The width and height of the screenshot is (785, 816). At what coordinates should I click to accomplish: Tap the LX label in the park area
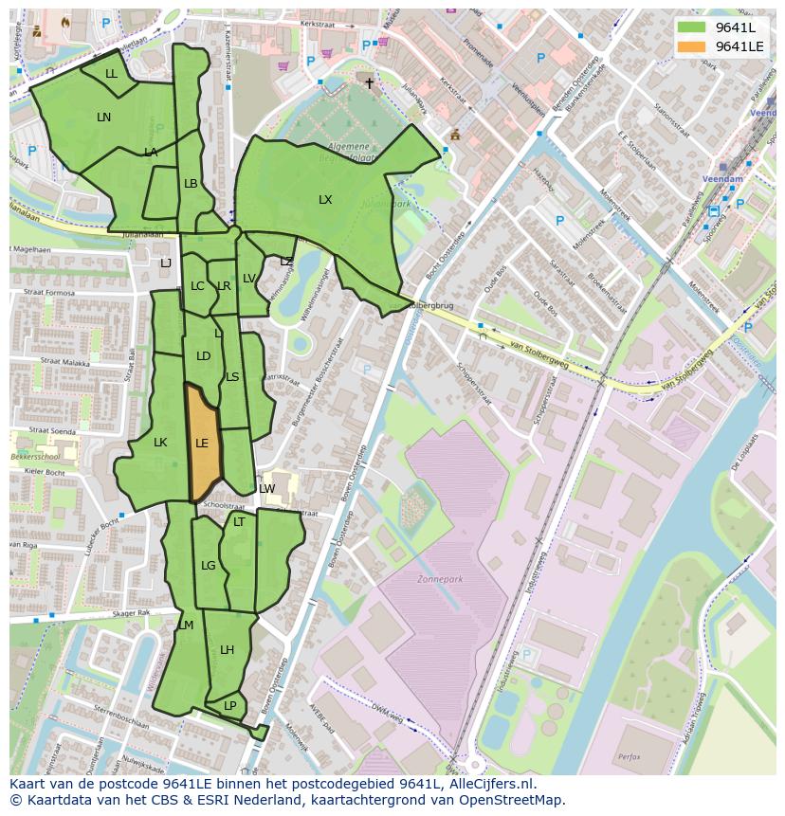pyautogui.click(x=325, y=200)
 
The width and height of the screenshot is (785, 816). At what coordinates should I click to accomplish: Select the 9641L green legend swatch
pyautogui.click(x=692, y=27)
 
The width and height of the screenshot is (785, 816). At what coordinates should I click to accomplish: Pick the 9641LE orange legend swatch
pyautogui.click(x=692, y=46)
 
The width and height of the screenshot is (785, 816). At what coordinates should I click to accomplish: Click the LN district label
pyautogui.click(x=103, y=118)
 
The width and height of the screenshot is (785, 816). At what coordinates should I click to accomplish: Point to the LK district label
pyautogui.click(x=160, y=443)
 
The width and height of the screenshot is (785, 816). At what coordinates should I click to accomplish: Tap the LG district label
pyautogui.click(x=209, y=566)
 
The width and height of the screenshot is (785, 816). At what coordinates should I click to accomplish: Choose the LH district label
pyautogui.click(x=227, y=650)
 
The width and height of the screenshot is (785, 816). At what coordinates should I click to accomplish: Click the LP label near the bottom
pyautogui.click(x=229, y=706)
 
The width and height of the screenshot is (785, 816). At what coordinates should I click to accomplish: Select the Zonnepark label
pyautogui.click(x=435, y=577)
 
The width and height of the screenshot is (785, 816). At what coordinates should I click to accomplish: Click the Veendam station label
pyautogui.click(x=722, y=178)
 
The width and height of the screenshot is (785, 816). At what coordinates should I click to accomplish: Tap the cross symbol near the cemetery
pyautogui.click(x=370, y=83)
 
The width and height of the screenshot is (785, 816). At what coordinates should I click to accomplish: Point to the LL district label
pyautogui.click(x=111, y=74)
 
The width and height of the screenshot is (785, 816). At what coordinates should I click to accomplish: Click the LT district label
pyautogui.click(x=239, y=522)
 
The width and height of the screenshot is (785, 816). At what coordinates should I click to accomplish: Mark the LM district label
pyautogui.click(x=186, y=626)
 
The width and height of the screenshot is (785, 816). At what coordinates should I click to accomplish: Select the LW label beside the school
pyautogui.click(x=266, y=489)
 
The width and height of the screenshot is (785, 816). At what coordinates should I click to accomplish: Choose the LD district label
pyautogui.click(x=203, y=356)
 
